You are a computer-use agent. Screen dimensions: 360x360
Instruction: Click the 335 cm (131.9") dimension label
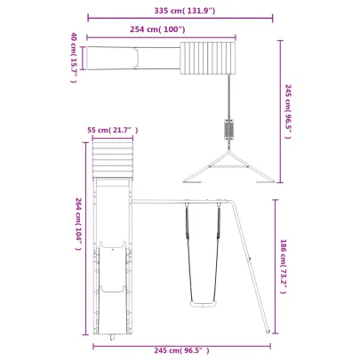click(x=183, y=11)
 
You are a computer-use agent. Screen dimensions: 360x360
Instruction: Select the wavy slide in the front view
click(x=112, y=267)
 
